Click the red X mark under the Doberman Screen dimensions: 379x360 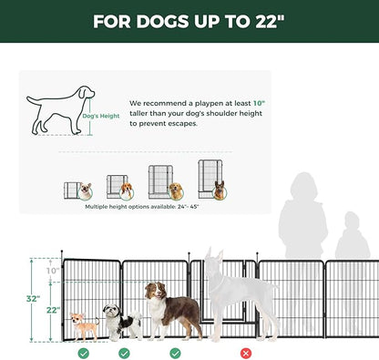tap(246, 353)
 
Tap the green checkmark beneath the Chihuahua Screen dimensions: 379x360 tap(84, 353)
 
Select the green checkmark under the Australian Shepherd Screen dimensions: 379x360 tap(175, 353)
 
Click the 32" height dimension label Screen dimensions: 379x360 tap(33, 299)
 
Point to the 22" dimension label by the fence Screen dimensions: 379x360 tap(54, 310)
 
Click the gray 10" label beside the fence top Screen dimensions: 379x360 tap(53, 271)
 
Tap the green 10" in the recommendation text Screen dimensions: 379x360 tap(259, 103)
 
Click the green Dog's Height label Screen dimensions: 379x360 tap(101, 116)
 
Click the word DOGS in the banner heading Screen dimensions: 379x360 tap(162, 22)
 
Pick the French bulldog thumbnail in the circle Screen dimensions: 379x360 tap(86, 191)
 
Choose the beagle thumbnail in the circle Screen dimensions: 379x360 tap(127, 191)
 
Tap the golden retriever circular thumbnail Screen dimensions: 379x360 tap(176, 191)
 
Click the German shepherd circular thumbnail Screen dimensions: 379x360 tap(220, 191)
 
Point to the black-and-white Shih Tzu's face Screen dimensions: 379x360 tap(110, 311)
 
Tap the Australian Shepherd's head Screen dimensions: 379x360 tap(155, 291)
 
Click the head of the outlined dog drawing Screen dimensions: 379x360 tap(87, 92)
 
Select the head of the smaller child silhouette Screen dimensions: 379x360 tap(352, 221)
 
